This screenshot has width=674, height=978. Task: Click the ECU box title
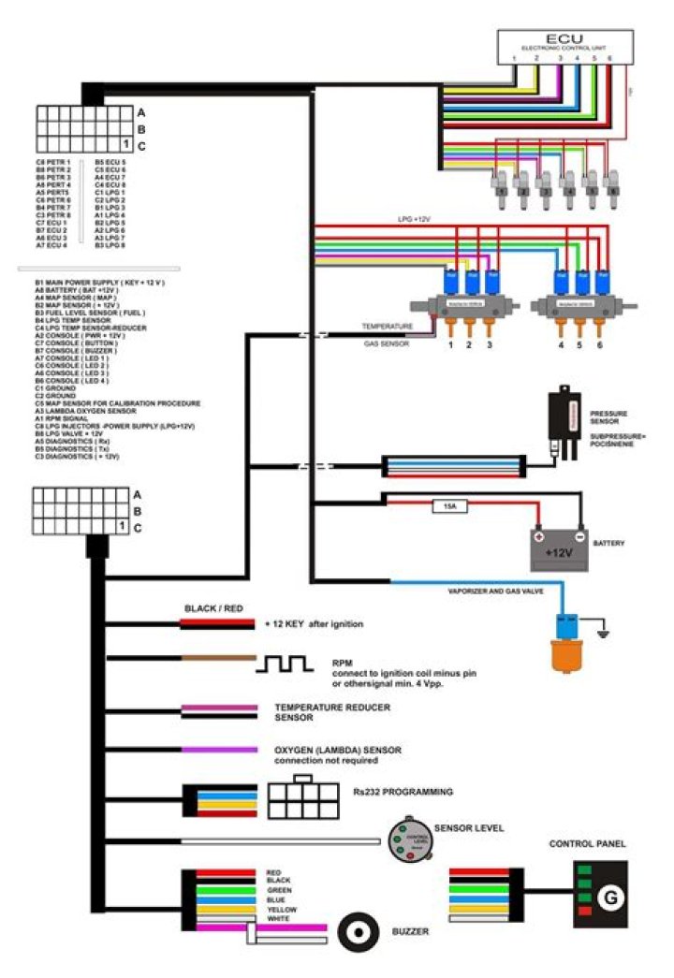[564, 38]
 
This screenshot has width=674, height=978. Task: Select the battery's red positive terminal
[538, 536]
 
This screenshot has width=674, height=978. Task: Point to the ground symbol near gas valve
[603, 635]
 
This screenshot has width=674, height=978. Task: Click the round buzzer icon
[356, 932]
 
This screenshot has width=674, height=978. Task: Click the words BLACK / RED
[213, 608]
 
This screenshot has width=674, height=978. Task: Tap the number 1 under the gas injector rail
[450, 345]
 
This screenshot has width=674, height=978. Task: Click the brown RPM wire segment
[218, 658]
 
